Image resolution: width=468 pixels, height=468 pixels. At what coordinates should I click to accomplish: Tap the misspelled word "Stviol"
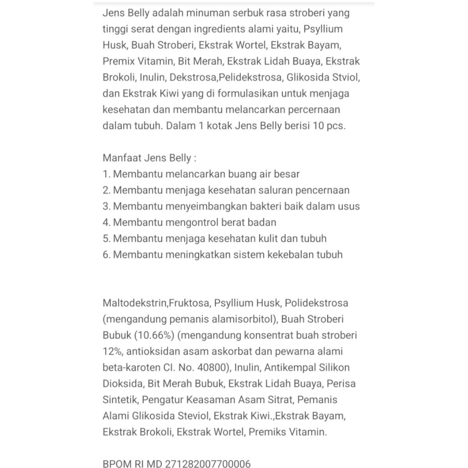pos(346,77)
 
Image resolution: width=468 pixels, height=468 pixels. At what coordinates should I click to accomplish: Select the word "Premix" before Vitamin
pos(118,61)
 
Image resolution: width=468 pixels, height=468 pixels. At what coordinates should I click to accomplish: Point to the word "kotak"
pos(218,126)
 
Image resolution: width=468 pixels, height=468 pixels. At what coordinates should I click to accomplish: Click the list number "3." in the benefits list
pos(106,206)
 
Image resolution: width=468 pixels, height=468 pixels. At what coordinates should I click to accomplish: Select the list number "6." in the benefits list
pos(106,255)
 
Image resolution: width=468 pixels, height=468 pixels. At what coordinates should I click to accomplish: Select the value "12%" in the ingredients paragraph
pos(112,351)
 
